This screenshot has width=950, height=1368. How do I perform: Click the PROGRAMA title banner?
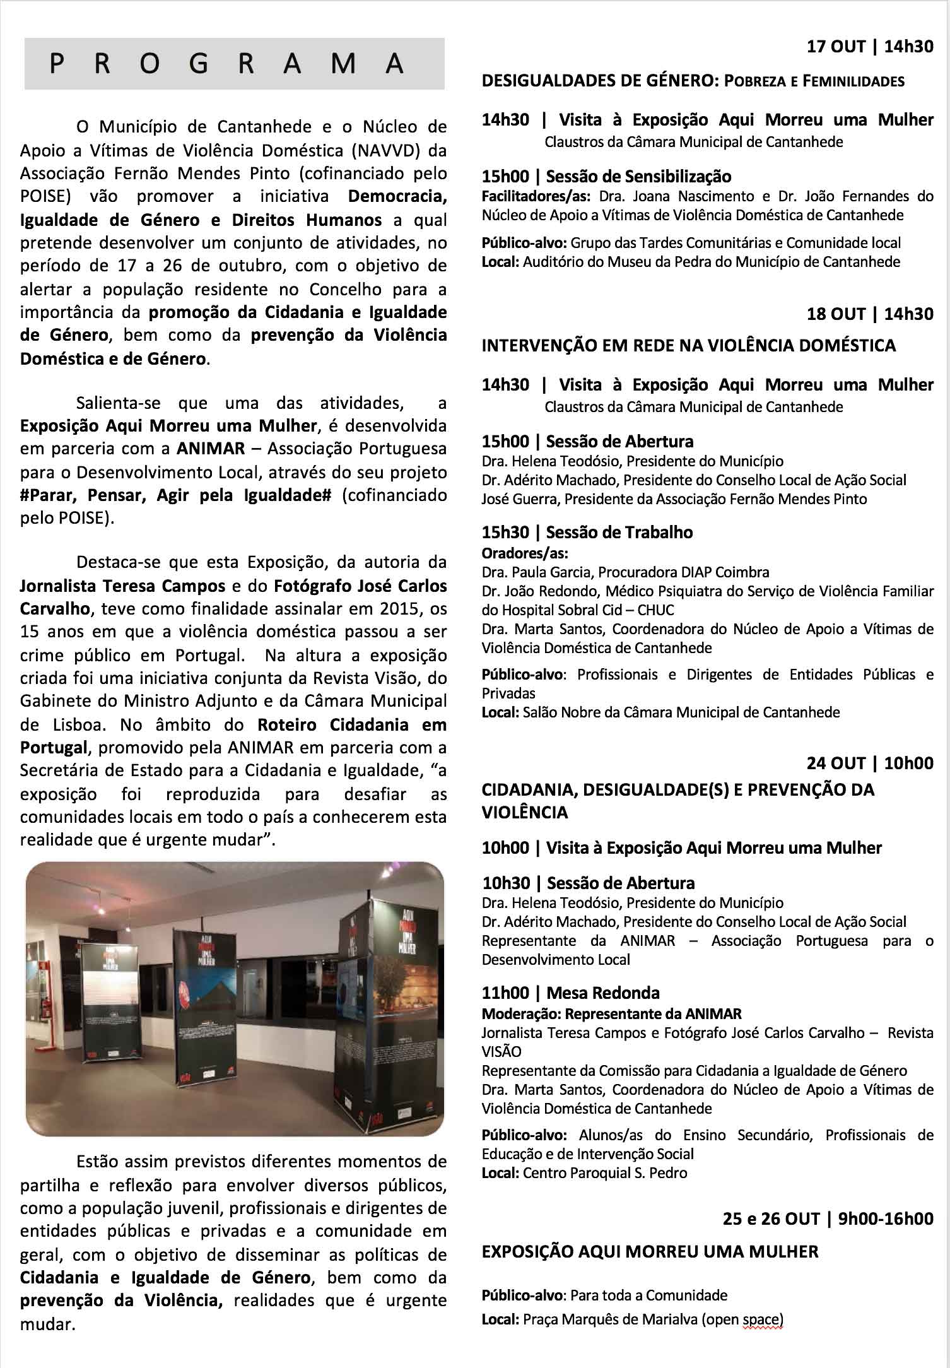(x=234, y=64)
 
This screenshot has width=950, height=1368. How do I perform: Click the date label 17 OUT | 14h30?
(x=870, y=47)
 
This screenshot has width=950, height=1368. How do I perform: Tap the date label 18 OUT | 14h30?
(x=870, y=314)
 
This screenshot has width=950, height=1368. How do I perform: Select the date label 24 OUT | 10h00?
(x=870, y=763)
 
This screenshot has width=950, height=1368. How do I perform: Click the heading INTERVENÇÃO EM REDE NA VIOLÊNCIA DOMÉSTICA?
(x=688, y=345)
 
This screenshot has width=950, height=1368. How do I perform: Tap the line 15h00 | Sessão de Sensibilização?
(x=606, y=177)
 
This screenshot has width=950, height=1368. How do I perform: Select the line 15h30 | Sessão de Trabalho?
(x=587, y=532)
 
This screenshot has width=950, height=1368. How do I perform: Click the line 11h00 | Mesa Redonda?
(x=570, y=993)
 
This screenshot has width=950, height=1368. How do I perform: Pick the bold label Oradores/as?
(x=525, y=553)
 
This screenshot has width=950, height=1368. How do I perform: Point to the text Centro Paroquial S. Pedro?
(x=605, y=1173)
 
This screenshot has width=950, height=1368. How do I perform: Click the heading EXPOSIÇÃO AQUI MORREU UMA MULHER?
(x=650, y=1251)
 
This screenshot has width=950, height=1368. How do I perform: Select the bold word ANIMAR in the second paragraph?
(x=211, y=449)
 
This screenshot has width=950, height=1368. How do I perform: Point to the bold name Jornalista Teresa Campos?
(x=122, y=586)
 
